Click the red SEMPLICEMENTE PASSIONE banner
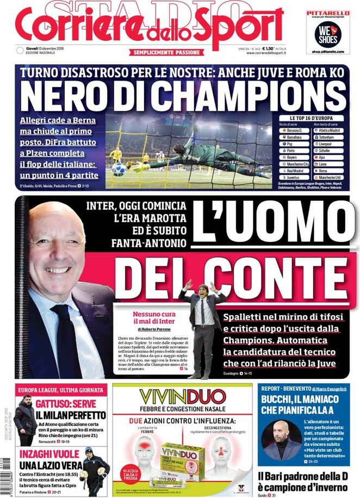tap(166, 52)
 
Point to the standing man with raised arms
tap(203, 326)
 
